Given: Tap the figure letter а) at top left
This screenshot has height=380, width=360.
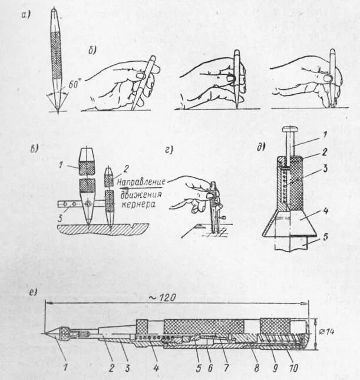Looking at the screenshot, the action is point(24,15).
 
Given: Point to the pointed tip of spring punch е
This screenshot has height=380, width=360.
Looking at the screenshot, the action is point(46,333).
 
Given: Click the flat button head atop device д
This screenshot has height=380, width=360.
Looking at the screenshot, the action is point(290,128).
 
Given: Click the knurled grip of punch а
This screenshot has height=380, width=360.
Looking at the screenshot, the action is point(57,59).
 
